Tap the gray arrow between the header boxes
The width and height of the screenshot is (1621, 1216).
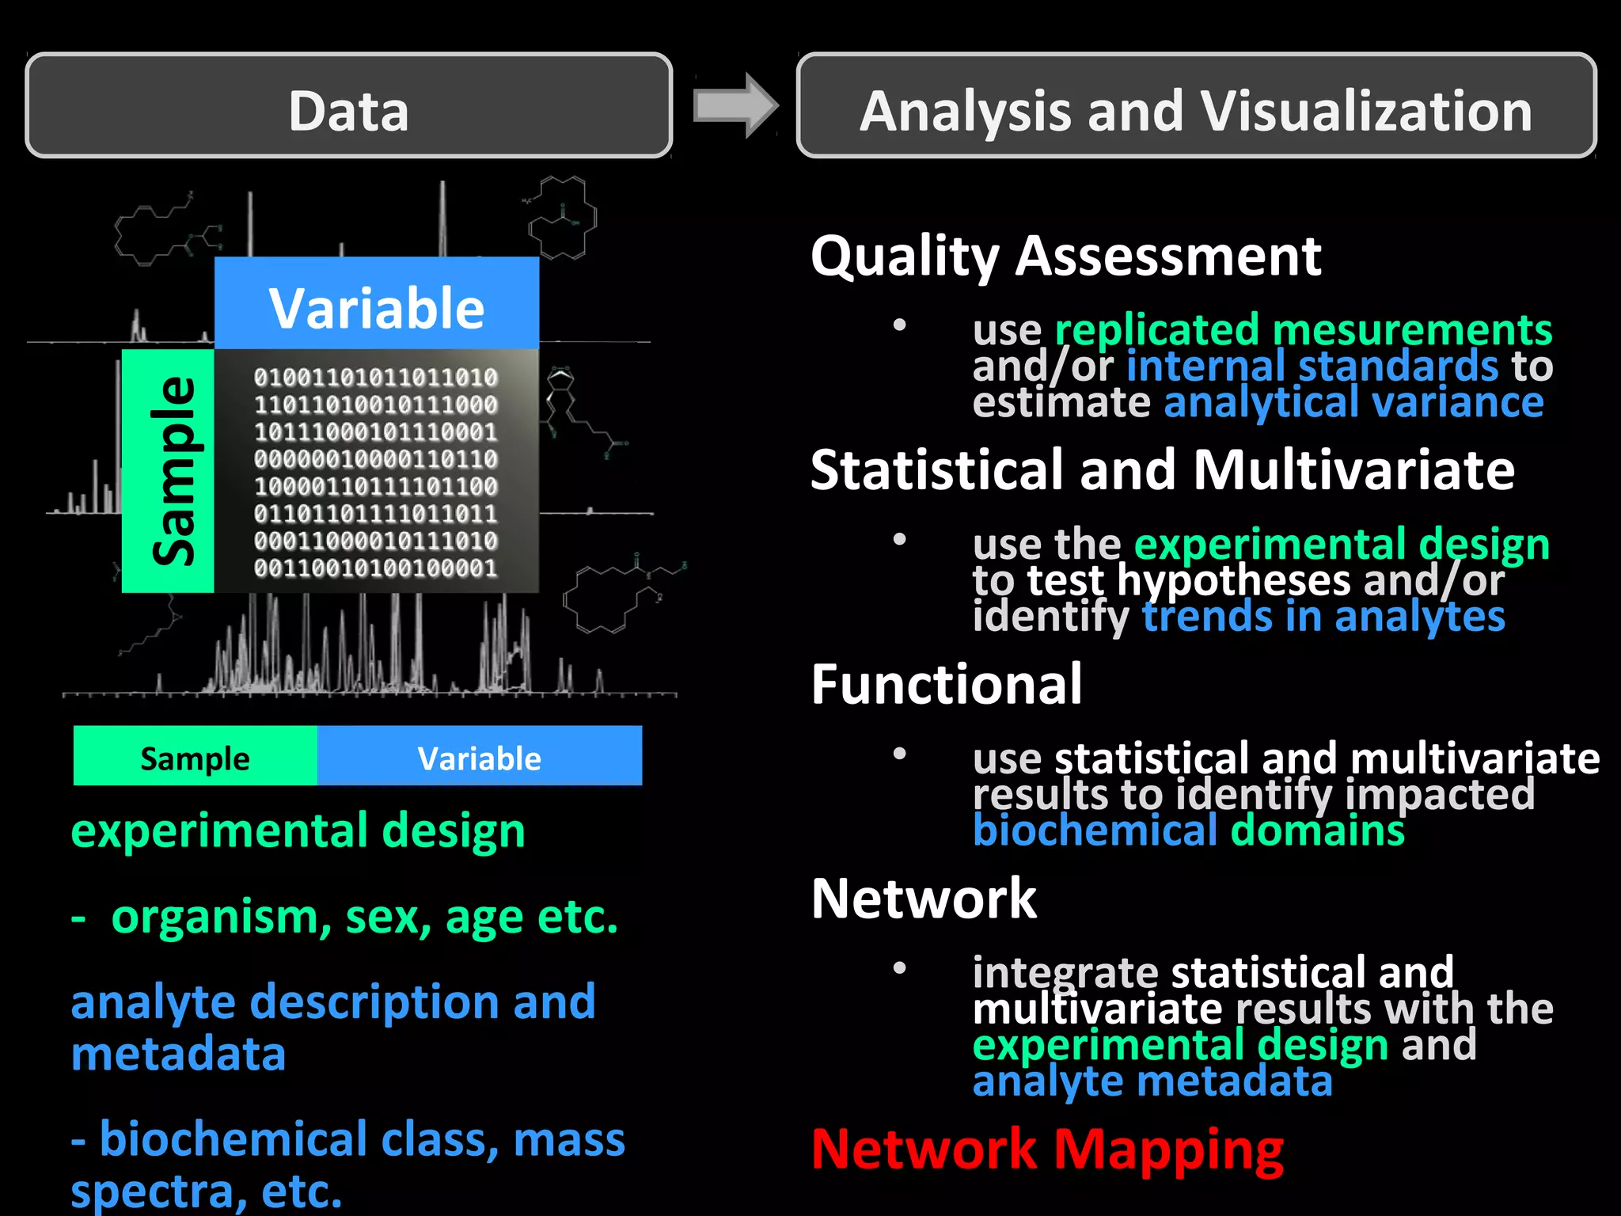tap(735, 106)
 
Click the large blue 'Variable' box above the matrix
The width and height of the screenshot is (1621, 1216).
tap(377, 304)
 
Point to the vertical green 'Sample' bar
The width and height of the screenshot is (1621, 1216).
tap(169, 471)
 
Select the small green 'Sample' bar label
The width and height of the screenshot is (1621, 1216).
tap(195, 757)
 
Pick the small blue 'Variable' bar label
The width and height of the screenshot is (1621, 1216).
tap(480, 757)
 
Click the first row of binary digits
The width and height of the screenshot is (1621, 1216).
tap(376, 378)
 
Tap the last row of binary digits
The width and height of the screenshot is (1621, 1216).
tap(376, 568)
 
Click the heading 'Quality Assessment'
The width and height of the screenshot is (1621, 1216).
tap(1065, 257)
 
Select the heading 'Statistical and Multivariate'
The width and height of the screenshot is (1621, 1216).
tap(1162, 471)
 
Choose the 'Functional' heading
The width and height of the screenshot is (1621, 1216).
tap(947, 685)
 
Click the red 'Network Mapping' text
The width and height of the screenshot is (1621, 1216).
tap(1047, 1149)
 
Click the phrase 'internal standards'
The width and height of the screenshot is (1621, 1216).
tap(1312, 367)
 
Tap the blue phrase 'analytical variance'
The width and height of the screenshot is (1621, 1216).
tap(1353, 402)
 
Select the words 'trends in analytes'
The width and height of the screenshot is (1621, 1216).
tap(1323, 617)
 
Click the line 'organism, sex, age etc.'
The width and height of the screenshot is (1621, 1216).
tap(364, 918)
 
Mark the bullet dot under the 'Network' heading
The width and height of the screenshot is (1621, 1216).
tap(899, 967)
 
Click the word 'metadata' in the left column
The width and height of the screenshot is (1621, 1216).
tap(179, 1055)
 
